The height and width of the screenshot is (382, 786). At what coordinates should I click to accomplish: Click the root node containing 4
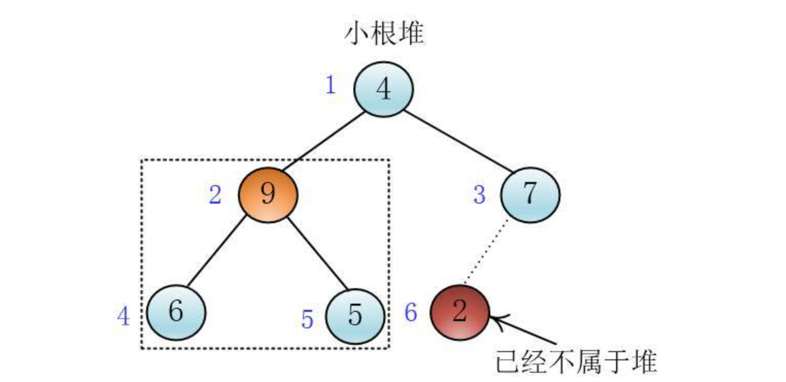[x=383, y=90]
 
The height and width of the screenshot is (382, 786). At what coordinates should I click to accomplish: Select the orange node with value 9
[x=268, y=194]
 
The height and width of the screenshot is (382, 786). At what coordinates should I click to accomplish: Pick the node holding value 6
[x=176, y=312]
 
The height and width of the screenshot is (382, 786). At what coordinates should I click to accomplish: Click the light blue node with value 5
[x=355, y=315]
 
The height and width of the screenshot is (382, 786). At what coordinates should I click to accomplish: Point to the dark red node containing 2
[x=459, y=312]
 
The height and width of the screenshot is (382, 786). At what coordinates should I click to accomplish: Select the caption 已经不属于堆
[x=576, y=361]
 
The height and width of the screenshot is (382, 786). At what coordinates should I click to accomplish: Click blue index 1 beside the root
[x=330, y=85]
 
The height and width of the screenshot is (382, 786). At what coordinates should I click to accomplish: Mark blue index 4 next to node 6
[x=123, y=316]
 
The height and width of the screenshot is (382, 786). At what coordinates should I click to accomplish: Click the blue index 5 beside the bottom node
[x=307, y=320]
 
